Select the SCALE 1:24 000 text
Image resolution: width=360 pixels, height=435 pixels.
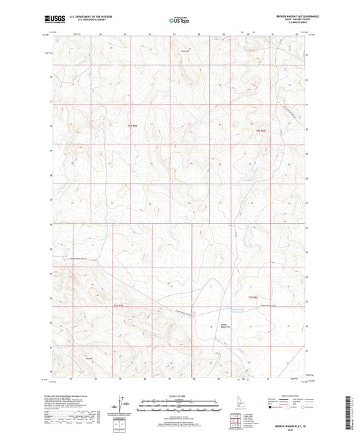click(179, 395)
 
